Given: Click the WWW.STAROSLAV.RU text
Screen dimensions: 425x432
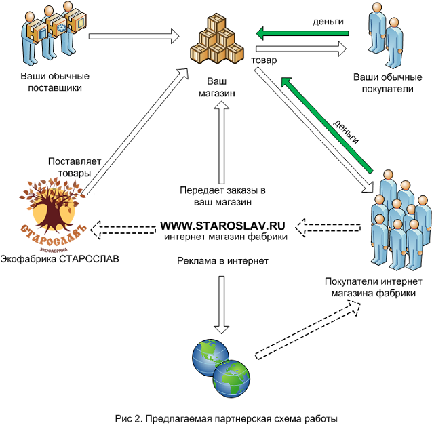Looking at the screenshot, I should [222, 224].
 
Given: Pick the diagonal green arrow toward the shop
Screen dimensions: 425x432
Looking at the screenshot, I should [329, 126].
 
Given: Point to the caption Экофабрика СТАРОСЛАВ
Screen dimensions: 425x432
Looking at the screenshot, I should [55, 258].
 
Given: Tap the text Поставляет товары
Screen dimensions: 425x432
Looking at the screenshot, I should [74, 167].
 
